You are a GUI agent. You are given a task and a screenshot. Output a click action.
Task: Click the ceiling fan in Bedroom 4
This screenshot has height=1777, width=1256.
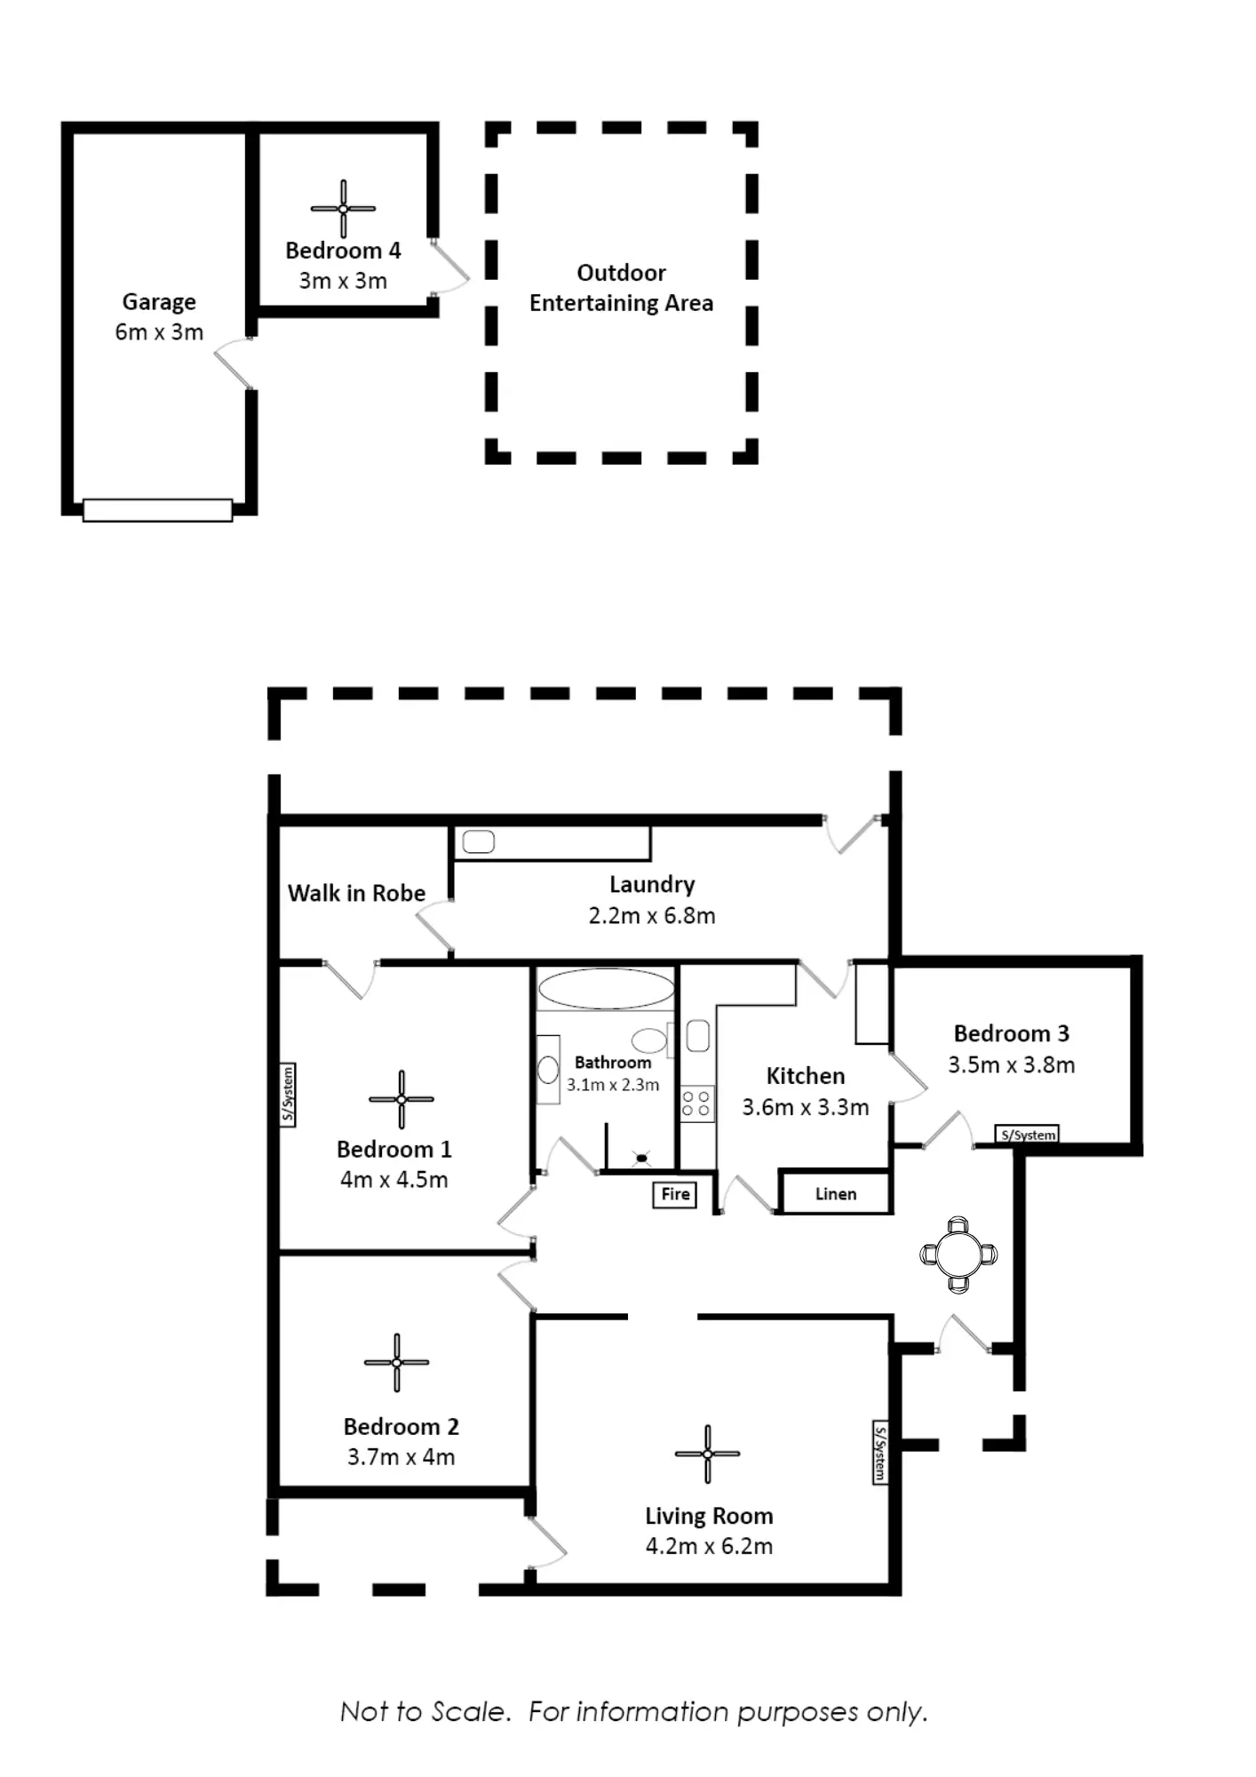click(x=343, y=209)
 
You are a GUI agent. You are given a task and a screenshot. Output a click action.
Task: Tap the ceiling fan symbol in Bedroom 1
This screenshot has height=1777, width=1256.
click(x=401, y=1099)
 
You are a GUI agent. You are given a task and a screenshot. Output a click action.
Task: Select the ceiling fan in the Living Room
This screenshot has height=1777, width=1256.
click(x=707, y=1454)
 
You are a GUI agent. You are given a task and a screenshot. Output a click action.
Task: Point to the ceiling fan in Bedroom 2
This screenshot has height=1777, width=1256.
click(x=396, y=1362)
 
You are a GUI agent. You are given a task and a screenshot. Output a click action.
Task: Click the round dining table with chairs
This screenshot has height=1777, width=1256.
click(x=958, y=1255)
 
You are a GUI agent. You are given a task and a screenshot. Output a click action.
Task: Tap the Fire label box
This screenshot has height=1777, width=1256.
click(x=675, y=1194)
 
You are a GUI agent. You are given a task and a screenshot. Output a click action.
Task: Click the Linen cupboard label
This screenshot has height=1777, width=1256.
click(x=836, y=1194)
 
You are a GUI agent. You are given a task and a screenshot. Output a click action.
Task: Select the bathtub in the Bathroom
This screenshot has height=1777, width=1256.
click(x=607, y=988)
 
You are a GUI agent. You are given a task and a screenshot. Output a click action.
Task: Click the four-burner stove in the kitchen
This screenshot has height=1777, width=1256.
click(x=696, y=1104)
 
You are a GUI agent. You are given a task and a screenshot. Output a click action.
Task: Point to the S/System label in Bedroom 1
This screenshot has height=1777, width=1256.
click(x=288, y=1095)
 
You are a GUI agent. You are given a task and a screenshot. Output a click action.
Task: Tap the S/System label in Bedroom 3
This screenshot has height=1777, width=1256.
click(x=1028, y=1135)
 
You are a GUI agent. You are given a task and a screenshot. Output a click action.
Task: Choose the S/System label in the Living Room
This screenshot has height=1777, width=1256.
click(x=879, y=1453)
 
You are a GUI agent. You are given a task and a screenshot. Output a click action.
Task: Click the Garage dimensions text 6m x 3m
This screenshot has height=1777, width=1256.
click(x=159, y=332)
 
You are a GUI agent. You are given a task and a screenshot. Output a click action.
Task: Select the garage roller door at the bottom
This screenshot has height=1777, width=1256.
click(x=157, y=510)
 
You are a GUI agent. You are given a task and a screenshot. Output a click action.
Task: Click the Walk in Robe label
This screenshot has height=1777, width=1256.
click(x=356, y=893)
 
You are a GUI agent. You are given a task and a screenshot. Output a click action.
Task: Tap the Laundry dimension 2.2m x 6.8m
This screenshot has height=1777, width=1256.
click(x=652, y=915)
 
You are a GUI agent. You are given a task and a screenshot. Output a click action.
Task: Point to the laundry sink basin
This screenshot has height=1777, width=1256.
click(x=478, y=841)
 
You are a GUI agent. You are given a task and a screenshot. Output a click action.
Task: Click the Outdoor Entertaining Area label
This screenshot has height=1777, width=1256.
click(x=621, y=288)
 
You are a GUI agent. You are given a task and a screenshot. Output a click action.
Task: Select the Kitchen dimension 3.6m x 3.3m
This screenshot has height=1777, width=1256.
click(x=806, y=1107)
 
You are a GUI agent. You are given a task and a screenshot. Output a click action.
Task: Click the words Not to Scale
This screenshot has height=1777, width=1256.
click(x=425, y=1711)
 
